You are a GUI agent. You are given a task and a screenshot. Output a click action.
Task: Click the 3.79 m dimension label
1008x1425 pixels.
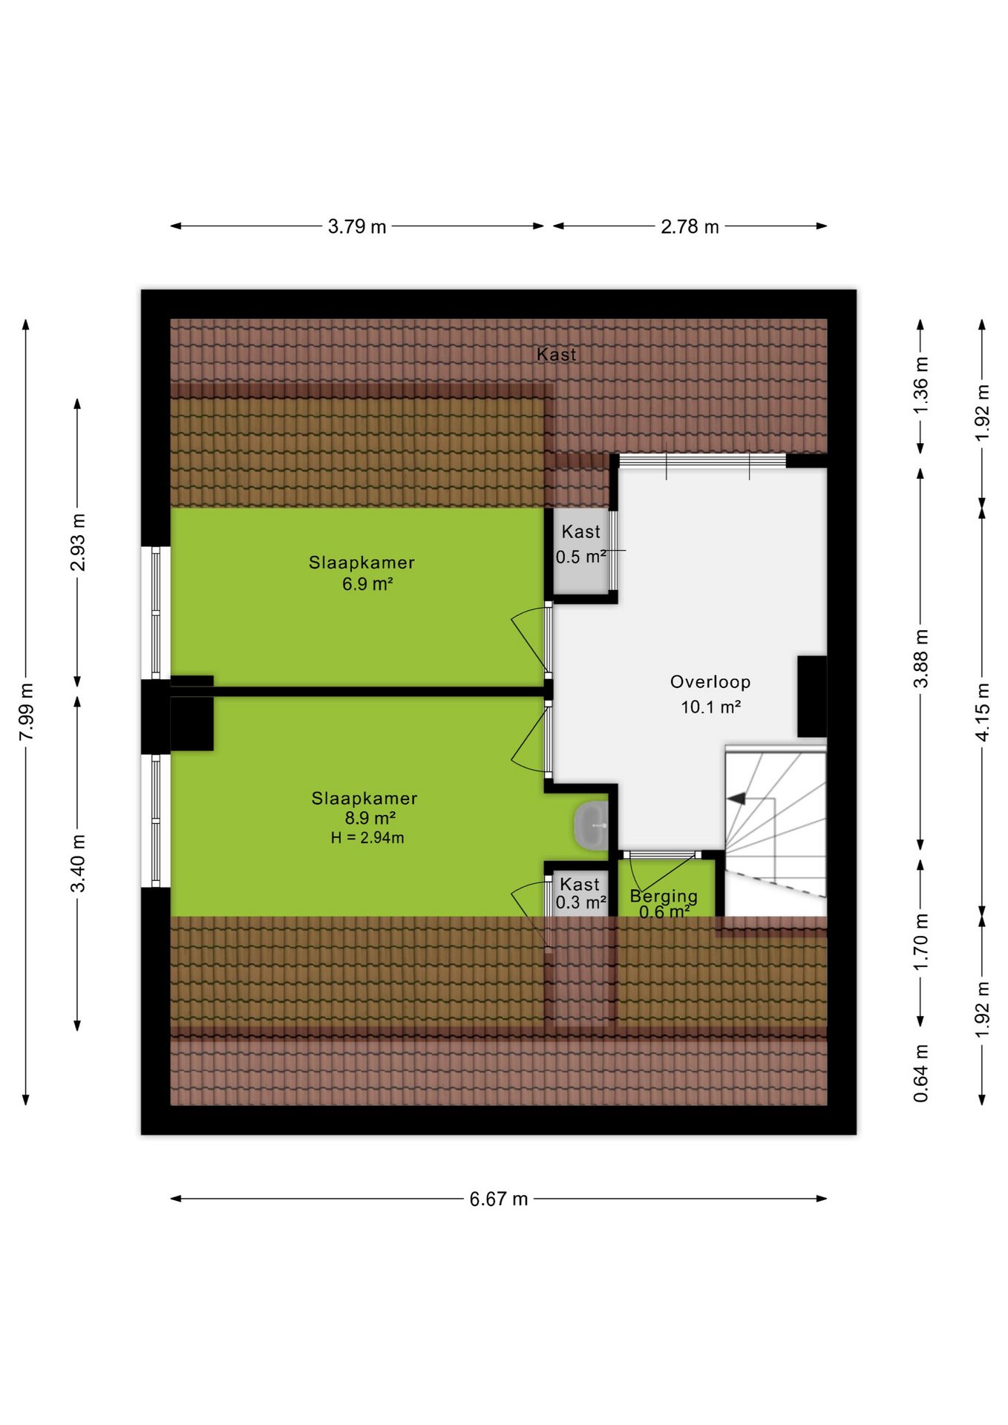[357, 226]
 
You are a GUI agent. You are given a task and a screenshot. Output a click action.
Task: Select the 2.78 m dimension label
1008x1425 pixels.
[690, 226]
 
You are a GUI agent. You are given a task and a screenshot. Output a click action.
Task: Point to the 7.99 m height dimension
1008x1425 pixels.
[27, 712]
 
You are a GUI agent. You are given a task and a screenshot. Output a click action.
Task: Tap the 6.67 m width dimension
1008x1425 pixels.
[498, 1199]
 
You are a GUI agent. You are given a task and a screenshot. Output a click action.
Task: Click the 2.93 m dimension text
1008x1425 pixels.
[78, 543]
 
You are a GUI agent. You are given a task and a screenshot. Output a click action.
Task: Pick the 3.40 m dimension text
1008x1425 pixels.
[78, 863]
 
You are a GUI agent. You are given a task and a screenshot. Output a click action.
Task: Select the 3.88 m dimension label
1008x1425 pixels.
[920, 658]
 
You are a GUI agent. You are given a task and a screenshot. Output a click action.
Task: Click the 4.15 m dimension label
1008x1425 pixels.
[982, 712]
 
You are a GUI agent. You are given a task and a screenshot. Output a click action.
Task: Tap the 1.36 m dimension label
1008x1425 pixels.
[920, 386]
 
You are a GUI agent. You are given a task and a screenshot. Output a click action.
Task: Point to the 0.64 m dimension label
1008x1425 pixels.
[920, 1073]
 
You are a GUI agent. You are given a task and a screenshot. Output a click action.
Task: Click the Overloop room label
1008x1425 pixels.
[710, 682]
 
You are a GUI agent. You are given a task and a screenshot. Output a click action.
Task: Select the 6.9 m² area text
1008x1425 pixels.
[367, 584]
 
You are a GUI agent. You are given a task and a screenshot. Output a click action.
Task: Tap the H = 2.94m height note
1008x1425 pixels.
[367, 838]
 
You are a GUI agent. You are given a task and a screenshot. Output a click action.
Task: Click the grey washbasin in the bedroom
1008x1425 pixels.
[592, 825]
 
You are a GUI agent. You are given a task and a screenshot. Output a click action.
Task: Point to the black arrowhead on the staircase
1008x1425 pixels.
[736, 799]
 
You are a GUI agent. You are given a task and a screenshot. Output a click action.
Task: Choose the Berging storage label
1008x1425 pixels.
[664, 896]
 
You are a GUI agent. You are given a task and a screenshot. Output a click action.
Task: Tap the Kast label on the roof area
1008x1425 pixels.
[556, 355]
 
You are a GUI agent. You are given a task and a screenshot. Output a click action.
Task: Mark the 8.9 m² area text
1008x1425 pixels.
[370, 818]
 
